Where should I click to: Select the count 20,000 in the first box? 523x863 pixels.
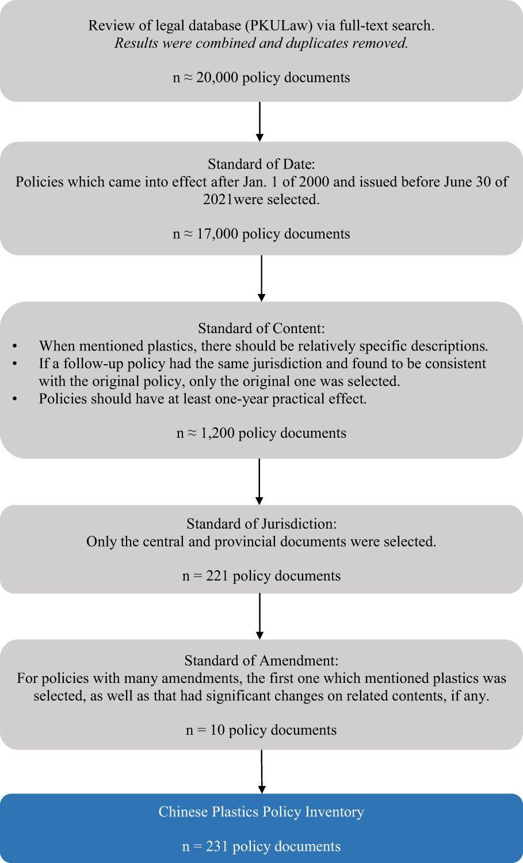tap(217, 78)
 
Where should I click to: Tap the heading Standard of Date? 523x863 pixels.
tap(261, 165)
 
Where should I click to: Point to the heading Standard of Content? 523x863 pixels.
tap(261, 329)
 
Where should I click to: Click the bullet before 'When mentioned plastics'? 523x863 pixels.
tap(15, 346)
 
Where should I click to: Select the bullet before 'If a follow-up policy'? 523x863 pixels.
tap(15, 364)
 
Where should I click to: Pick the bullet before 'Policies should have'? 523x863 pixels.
tap(15, 399)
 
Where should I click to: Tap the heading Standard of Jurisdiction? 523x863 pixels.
tap(261, 524)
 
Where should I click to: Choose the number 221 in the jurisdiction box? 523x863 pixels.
tap(217, 576)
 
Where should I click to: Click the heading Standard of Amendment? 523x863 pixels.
tap(261, 660)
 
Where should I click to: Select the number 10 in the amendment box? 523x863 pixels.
tap(217, 730)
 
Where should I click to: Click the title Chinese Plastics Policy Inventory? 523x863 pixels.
tap(261, 812)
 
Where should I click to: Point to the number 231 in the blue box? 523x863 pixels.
tap(217, 847)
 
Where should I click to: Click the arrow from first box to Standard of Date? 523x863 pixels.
tap(260, 121)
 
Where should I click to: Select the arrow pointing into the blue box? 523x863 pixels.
tap(262, 772)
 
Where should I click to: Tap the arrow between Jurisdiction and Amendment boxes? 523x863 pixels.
tap(260, 616)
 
